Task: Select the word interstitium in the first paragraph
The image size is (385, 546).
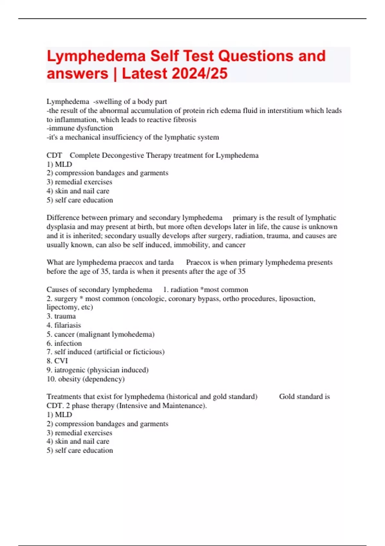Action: (x=285, y=111)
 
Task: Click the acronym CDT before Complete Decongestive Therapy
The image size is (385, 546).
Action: (x=54, y=155)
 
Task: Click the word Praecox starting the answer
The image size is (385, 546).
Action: (x=198, y=262)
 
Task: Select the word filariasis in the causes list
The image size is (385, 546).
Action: (x=67, y=325)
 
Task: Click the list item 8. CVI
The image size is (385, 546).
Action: (x=57, y=361)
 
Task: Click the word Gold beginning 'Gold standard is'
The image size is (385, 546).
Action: (x=286, y=397)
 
